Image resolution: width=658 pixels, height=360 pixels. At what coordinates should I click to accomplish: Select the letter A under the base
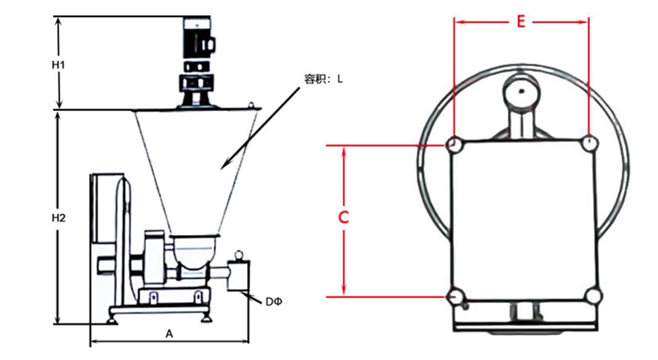pyautogui.click(x=168, y=334)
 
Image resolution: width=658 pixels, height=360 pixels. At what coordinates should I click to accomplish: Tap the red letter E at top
pyautogui.click(x=520, y=22)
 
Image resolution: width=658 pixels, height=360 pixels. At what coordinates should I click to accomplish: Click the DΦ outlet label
pyautogui.click(x=273, y=302)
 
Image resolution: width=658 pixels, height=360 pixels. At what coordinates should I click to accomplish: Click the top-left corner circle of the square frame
pyautogui.click(x=453, y=143)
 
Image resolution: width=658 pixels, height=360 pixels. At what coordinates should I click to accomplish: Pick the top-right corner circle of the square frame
pyautogui.click(x=590, y=142)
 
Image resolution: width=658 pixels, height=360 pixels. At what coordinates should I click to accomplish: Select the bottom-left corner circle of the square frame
pyautogui.click(x=453, y=297)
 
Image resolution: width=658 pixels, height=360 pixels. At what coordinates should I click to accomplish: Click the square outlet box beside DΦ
pyautogui.click(x=238, y=274)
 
